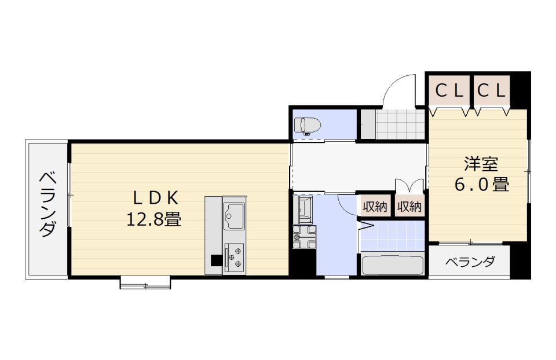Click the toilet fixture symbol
click(308, 126)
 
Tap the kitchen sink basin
click(233, 216)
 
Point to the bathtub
click(393, 265)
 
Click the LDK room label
click(155, 199)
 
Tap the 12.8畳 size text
click(154, 219)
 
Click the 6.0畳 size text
click(482, 184)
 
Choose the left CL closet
click(449, 91)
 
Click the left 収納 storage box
click(375, 205)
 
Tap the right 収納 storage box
click(409, 205)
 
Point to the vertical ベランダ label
click(47, 204)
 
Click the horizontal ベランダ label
click(470, 262)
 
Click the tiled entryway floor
click(400, 124)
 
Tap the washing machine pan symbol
click(304, 237)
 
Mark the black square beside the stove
click(216, 260)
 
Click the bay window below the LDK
click(145, 283)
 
